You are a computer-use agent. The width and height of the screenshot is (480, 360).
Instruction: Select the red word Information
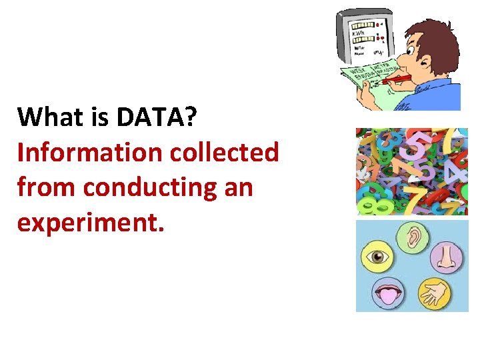(x=89, y=153)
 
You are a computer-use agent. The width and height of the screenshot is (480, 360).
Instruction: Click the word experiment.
(x=90, y=223)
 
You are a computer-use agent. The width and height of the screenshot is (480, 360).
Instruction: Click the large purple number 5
(x=417, y=147)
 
